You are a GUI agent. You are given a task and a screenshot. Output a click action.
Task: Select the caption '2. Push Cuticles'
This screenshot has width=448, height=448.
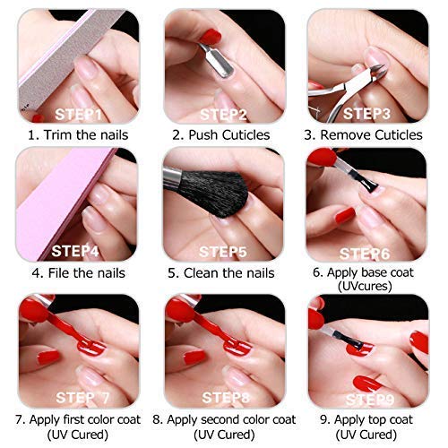click(x=224, y=135)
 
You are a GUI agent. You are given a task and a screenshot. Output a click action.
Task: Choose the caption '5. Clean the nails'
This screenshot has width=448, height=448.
click(x=224, y=272)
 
